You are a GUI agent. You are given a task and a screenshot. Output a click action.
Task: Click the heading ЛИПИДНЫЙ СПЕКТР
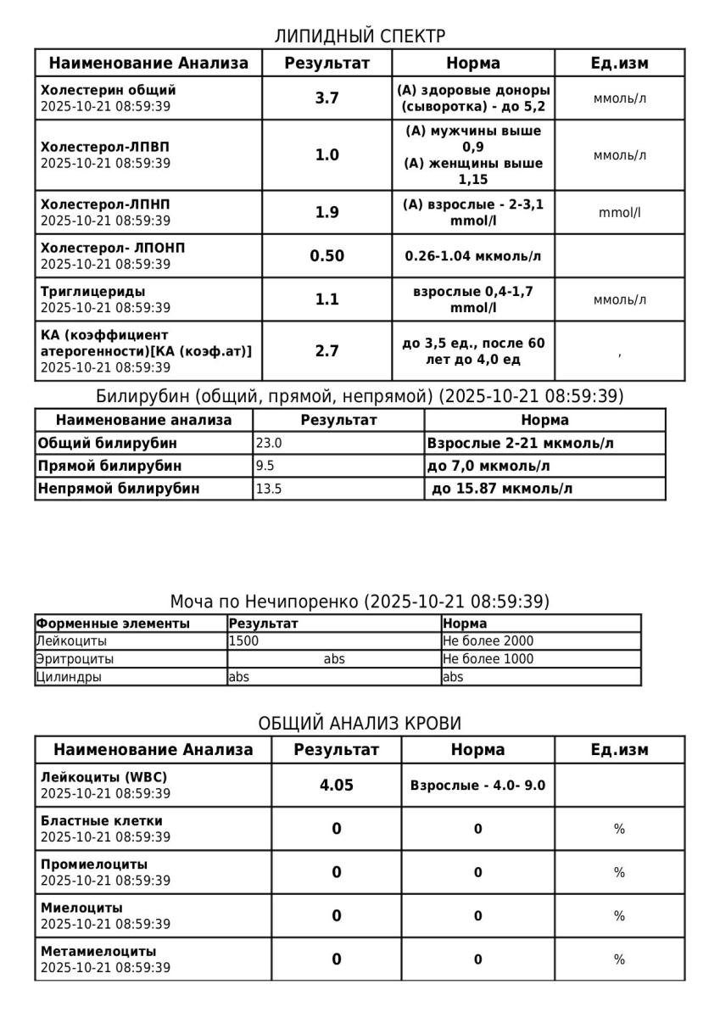(360, 36)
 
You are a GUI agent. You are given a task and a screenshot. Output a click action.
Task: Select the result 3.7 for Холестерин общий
(327, 98)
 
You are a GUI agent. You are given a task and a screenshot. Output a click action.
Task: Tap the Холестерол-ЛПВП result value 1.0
(327, 154)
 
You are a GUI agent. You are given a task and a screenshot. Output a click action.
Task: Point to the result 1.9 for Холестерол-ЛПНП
(327, 212)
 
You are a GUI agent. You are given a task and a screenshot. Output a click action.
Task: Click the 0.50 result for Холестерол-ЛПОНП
(327, 255)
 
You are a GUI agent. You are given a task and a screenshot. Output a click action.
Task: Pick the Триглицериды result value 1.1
(327, 299)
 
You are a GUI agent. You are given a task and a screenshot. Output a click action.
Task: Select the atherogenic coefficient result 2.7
(327, 350)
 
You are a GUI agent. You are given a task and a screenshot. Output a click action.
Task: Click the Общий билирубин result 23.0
(269, 443)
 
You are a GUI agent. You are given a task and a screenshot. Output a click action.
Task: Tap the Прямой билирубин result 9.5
(265, 466)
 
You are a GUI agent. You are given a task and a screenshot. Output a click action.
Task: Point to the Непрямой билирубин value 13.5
(269, 488)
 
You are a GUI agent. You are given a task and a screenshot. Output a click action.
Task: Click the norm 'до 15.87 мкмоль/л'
(502, 488)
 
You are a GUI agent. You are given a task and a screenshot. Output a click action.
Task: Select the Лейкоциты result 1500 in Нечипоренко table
(243, 641)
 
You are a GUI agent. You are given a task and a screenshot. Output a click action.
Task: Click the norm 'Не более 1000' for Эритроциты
(488, 659)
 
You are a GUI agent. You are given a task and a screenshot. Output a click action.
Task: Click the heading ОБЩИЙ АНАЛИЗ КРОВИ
(360, 723)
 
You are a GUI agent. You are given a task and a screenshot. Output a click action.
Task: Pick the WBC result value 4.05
(336, 785)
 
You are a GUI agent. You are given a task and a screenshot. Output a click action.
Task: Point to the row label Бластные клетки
(101, 820)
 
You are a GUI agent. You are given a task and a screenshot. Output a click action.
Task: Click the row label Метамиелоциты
(98, 951)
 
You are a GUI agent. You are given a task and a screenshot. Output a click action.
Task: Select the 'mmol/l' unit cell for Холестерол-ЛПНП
(619, 212)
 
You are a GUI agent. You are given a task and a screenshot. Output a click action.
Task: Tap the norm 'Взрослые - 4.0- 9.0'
(477, 786)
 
